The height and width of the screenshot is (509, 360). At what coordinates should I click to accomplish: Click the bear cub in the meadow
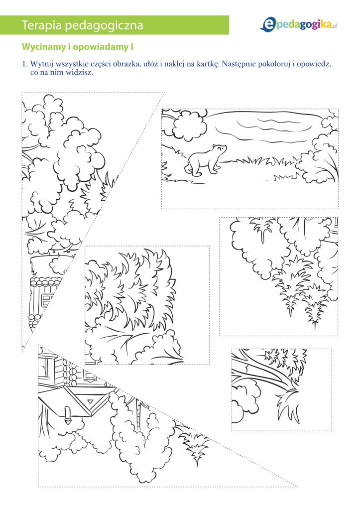(x=205, y=161)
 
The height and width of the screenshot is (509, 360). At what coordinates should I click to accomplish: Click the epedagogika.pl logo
(x=298, y=24)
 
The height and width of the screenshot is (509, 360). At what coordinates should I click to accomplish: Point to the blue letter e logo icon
(x=267, y=24)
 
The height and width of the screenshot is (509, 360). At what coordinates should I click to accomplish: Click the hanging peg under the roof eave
(x=67, y=415)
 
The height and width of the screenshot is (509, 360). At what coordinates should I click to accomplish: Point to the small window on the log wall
(x=47, y=298)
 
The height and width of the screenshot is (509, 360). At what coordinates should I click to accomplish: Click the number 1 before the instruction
(x=24, y=64)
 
